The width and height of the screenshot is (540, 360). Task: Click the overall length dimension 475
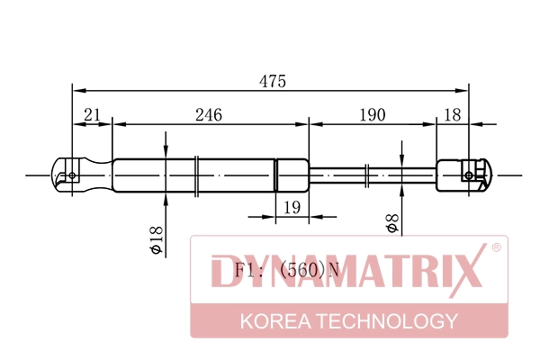pos(273,81)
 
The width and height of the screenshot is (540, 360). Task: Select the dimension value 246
pos(209,115)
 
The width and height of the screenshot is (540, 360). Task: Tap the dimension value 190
pos(373,115)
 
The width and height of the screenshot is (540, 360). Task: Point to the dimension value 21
pos(92,114)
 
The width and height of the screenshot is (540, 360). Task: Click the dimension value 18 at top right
pos(452,115)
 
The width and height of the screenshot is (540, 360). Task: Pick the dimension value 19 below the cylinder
pos(292,207)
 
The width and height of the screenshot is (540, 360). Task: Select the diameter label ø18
pos(157,239)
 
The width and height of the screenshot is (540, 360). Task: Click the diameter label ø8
pos(392,223)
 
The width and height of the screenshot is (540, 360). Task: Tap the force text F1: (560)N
pos(287,270)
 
